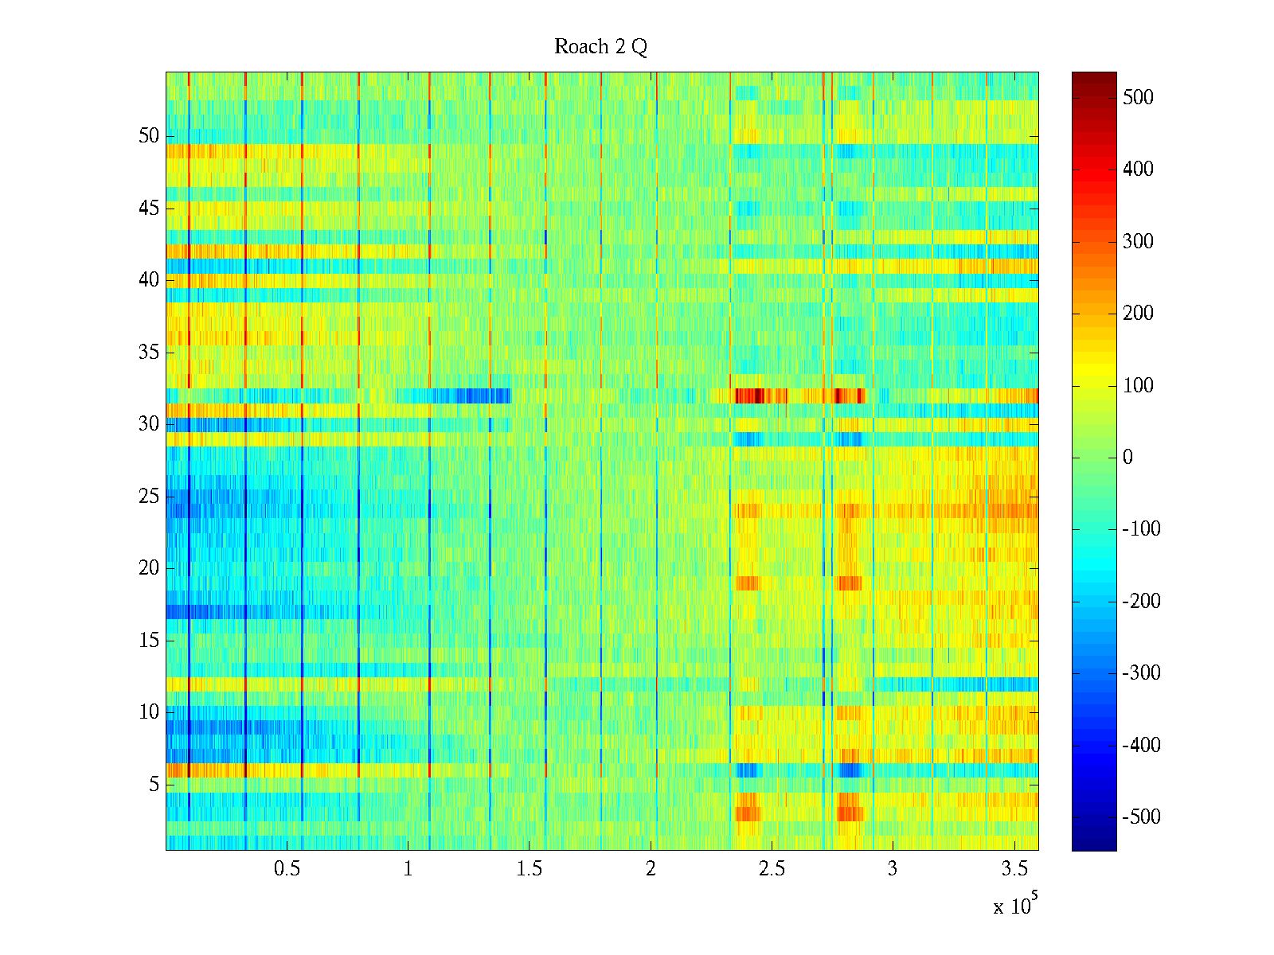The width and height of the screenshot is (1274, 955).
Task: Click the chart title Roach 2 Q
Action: [x=600, y=47]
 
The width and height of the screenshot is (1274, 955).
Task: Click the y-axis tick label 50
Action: [x=149, y=136]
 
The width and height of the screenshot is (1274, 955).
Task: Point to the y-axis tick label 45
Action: [x=149, y=209]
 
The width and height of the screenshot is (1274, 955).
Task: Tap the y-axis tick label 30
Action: [x=149, y=424]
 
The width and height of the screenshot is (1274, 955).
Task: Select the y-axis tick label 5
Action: [x=154, y=785]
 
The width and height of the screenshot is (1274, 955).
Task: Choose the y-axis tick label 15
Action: [x=149, y=641]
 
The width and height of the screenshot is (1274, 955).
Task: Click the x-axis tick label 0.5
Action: [x=287, y=869]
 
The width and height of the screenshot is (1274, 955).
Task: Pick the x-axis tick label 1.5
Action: [x=530, y=869]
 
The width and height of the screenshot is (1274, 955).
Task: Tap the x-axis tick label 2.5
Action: [x=772, y=869]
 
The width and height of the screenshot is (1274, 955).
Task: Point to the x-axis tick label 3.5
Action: [x=1014, y=869]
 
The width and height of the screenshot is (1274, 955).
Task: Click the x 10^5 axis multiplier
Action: [x=1014, y=906]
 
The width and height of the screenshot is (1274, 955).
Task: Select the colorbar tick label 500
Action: [x=1138, y=98]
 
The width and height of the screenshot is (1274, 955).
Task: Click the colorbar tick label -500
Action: [x=1141, y=817]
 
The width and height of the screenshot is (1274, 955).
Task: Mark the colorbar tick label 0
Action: [x=1127, y=458]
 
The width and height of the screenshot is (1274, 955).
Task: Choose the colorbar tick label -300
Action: [x=1141, y=673]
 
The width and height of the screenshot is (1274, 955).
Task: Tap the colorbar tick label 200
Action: [x=1138, y=314]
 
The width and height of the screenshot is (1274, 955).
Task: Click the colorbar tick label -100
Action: [x=1141, y=529]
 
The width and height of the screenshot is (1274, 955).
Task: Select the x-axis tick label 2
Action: [x=651, y=869]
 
